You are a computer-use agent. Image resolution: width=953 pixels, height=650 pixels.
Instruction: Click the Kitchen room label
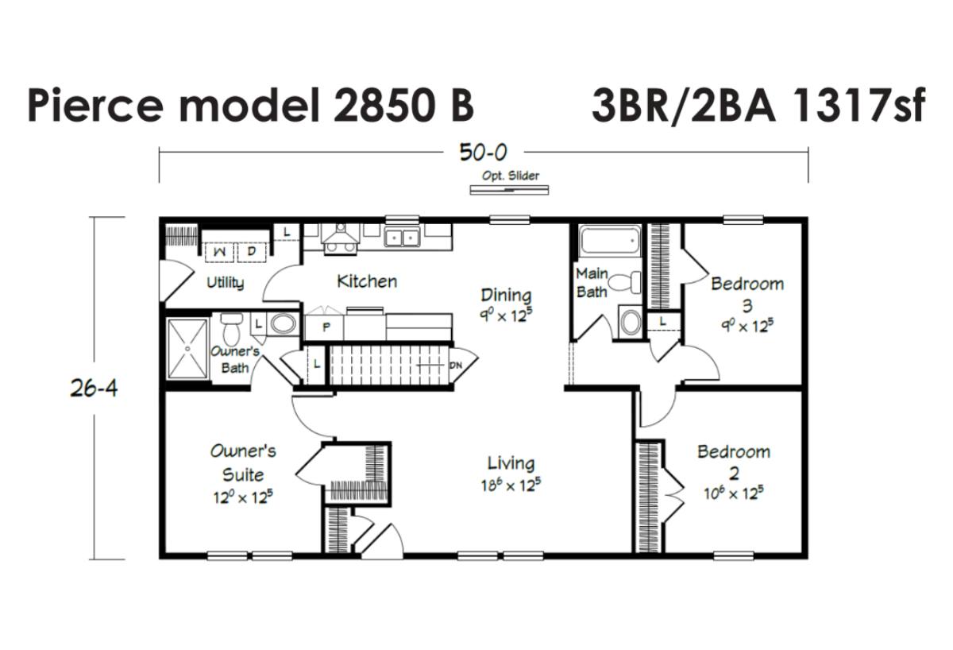pos(367,281)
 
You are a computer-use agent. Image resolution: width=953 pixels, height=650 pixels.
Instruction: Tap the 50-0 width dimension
pos(484,152)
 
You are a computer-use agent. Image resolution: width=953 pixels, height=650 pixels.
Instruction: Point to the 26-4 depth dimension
pos(94,389)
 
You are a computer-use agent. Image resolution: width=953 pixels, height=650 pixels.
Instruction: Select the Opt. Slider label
pos(511,176)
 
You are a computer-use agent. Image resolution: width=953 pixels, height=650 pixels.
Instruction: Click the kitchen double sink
pos(402,238)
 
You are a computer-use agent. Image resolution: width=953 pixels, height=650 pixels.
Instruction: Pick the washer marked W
pos(219,252)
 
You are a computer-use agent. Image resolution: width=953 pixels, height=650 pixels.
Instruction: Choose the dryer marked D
pos(252,252)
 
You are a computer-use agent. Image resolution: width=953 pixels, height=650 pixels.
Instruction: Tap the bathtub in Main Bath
pos(610,241)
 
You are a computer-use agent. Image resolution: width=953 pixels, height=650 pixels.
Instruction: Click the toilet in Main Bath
pos(624,282)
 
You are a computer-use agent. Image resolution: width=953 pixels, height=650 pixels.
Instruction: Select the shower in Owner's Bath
pos(187,349)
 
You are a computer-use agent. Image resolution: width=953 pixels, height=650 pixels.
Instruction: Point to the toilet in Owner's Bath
pos(231,329)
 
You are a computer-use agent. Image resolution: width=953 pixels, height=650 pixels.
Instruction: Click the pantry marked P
pos(326,327)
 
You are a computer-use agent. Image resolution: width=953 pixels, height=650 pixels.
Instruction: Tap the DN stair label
pos(455,366)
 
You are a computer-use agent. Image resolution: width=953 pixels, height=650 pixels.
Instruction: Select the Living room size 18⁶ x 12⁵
pos(511,485)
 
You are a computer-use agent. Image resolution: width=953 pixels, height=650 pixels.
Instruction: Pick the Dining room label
pos(506,295)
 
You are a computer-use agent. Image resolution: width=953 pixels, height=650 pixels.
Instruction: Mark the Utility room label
pos(226,283)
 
